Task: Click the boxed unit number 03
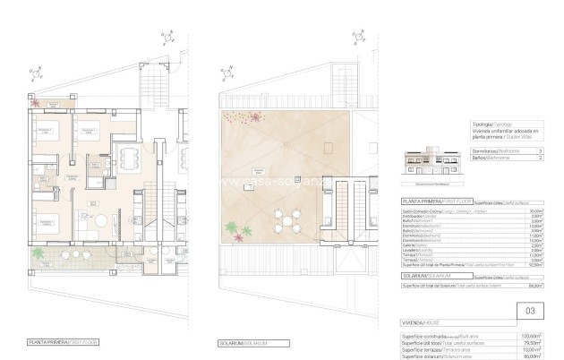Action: pyautogui.click(x=530, y=311)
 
